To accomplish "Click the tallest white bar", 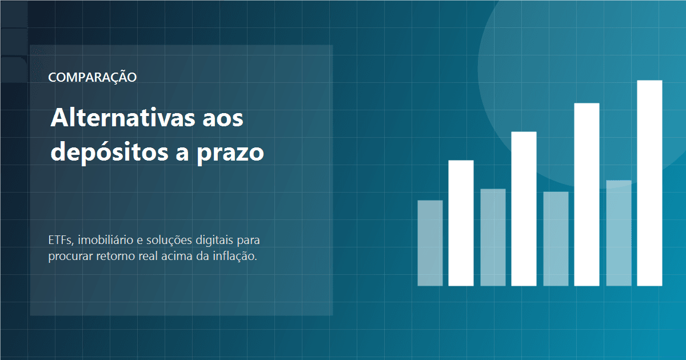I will [x=649, y=183].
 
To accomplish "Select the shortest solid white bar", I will [x=461, y=223].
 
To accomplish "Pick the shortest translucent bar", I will [x=430, y=243].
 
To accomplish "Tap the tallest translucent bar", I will [x=619, y=233].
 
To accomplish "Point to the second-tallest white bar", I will [x=587, y=194].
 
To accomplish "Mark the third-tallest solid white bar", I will [x=524, y=209].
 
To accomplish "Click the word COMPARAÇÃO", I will [x=93, y=77].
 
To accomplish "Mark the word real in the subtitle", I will [x=147, y=255].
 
